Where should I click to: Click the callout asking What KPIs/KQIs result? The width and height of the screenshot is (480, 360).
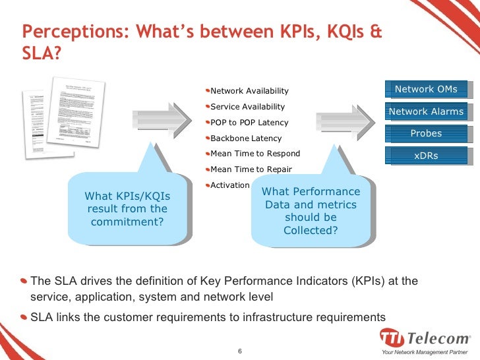click(x=127, y=208)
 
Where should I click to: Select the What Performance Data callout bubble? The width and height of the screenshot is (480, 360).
click(x=311, y=210)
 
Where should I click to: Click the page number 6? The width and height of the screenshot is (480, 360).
click(x=240, y=349)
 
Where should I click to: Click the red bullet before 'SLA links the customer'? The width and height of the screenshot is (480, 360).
click(x=24, y=316)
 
